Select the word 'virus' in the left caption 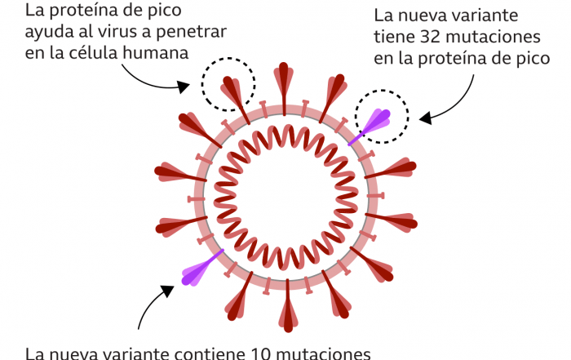(x=128, y=32)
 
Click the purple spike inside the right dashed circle (x=376, y=121)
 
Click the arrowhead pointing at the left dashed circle (x=187, y=84)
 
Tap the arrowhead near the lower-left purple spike (x=168, y=287)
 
